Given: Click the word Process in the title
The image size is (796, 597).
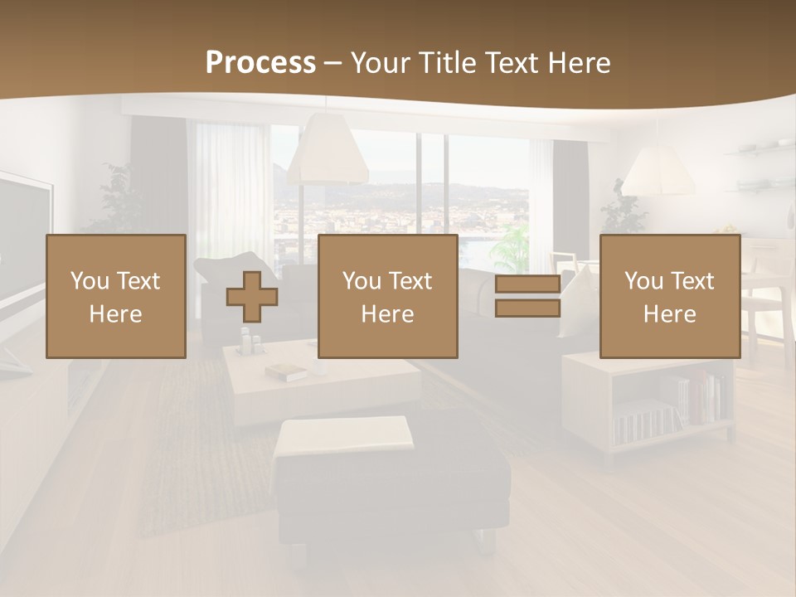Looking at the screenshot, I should click(260, 63).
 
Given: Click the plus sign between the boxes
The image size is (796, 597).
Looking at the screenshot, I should click(252, 296).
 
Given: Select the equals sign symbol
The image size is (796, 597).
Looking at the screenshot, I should click(527, 296).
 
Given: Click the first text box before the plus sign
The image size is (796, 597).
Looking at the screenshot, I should click(115, 296).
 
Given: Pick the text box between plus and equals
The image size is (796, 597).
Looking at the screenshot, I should click(387, 296).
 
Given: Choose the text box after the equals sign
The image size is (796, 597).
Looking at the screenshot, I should click(669, 296).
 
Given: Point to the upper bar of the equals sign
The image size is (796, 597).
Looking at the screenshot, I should click(527, 284).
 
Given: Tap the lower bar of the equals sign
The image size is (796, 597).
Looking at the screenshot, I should click(527, 308).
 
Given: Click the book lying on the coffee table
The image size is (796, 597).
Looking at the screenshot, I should click(287, 372).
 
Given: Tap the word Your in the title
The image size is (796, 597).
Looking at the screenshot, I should click(380, 63).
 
